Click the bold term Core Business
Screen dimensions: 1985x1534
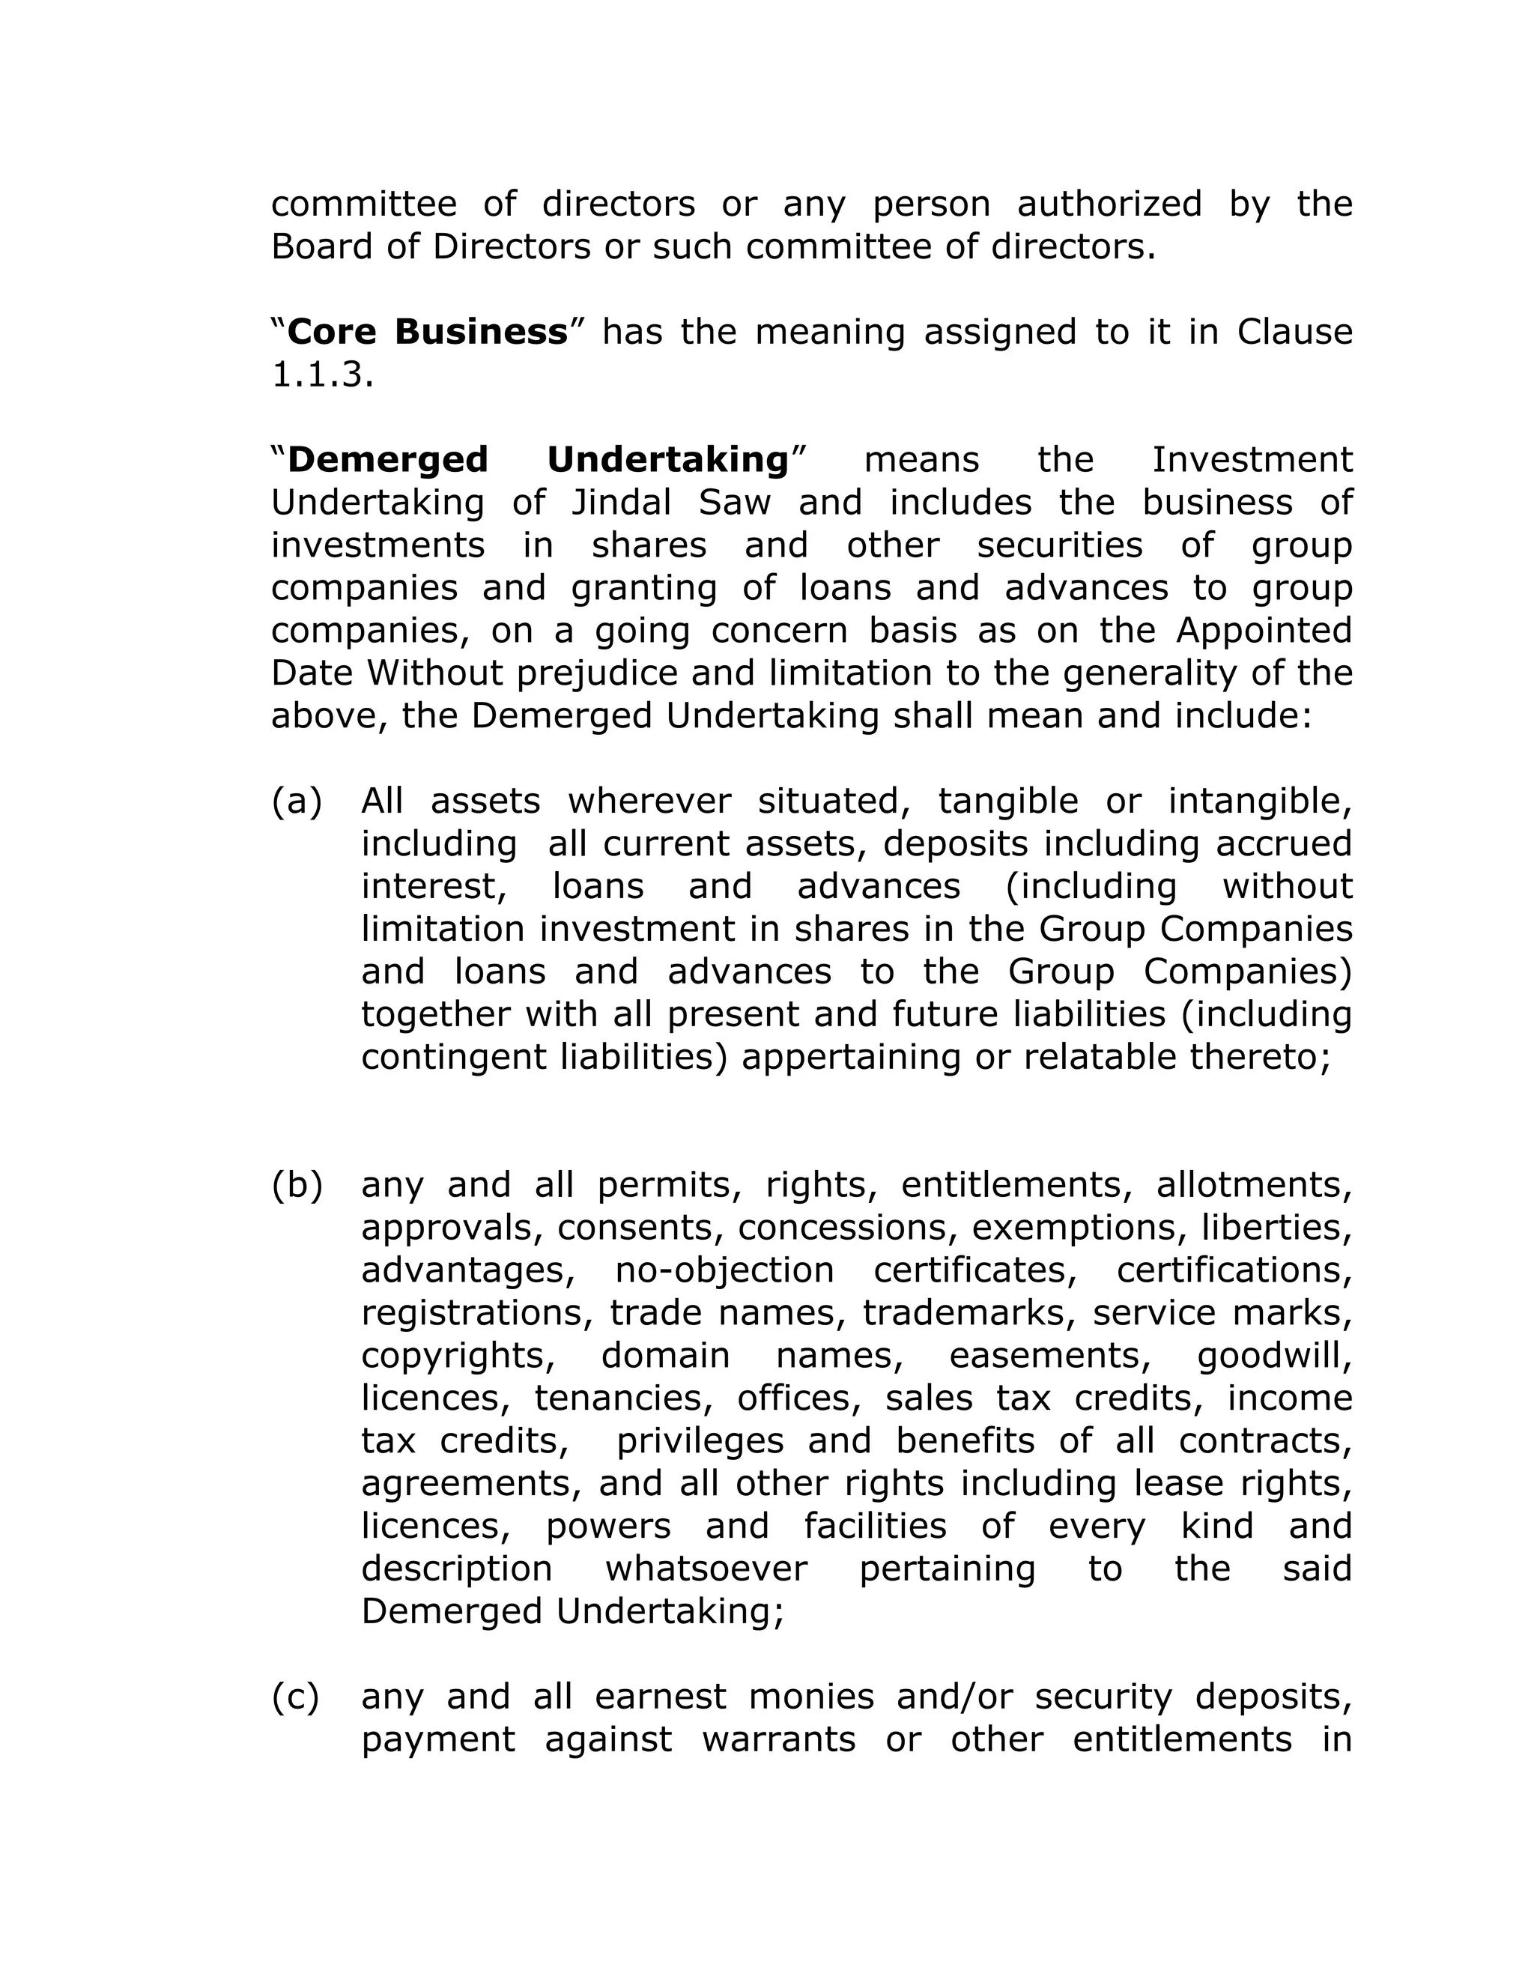point(427,332)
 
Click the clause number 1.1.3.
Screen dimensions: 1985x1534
point(321,375)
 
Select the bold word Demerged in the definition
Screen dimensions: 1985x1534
point(388,460)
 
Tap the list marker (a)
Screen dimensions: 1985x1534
point(297,801)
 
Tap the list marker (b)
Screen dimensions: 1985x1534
point(297,1184)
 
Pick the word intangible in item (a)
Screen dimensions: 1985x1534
point(1260,801)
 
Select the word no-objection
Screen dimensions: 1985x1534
point(724,1270)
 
